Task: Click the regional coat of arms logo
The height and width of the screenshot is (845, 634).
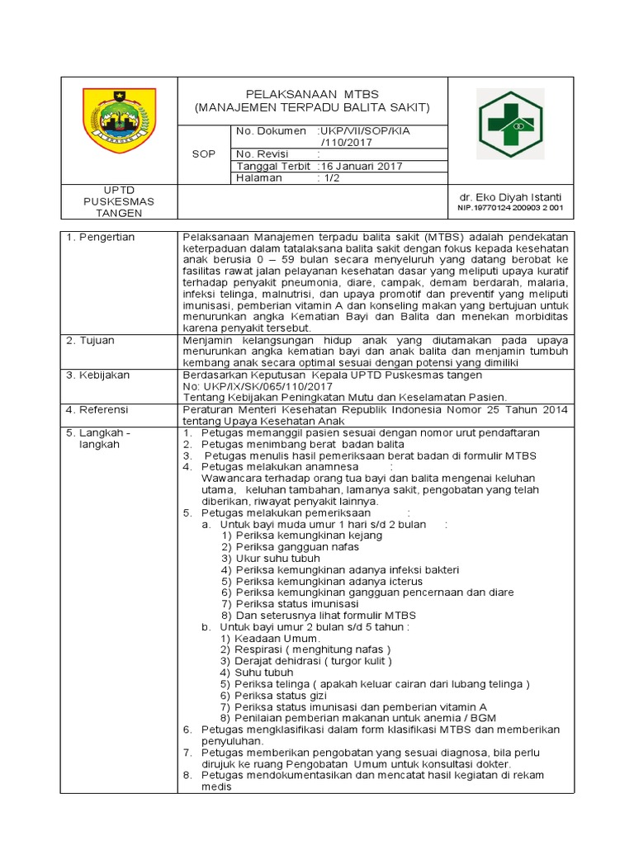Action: click(x=120, y=120)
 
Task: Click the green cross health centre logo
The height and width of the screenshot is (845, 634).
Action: click(x=510, y=125)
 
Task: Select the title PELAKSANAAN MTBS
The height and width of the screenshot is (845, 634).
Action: click(x=312, y=93)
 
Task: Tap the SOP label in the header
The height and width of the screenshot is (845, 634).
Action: click(x=202, y=154)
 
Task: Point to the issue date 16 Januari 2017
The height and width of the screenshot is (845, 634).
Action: click(x=362, y=166)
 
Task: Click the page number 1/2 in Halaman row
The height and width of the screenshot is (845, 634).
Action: click(x=333, y=177)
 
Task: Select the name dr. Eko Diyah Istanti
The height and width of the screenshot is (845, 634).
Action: click(x=510, y=197)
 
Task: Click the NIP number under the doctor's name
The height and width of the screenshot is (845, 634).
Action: click(x=510, y=208)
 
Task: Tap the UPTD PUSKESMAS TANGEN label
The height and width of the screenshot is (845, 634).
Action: click(x=119, y=201)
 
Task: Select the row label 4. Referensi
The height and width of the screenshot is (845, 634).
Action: click(x=99, y=409)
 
